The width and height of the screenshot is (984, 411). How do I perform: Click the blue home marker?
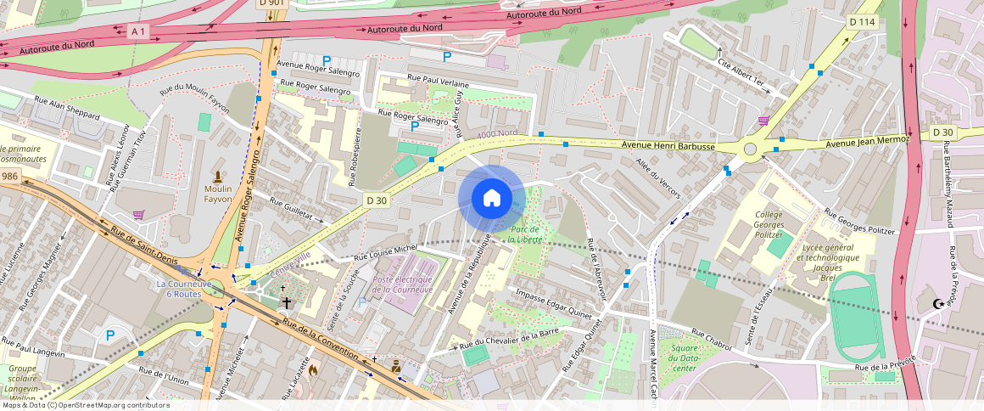492,198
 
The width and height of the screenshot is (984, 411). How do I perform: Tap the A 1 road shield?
138,31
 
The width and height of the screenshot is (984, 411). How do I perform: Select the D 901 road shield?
271,3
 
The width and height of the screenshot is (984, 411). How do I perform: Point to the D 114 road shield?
861,21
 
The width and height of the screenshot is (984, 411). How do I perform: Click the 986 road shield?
9,176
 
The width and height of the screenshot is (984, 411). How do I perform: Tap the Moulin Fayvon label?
218,193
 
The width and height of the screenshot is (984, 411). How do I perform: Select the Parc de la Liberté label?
525,234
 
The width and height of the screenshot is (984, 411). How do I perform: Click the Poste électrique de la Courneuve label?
403,284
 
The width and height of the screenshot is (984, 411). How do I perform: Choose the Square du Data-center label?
685,358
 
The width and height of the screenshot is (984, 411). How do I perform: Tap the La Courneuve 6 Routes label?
183,288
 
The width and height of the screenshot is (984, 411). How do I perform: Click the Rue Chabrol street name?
711,337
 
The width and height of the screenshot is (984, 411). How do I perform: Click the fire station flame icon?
313,370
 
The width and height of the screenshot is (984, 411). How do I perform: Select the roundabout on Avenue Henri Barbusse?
750,149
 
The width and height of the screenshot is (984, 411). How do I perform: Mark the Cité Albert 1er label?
741,76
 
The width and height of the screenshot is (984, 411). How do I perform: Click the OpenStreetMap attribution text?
85,405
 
